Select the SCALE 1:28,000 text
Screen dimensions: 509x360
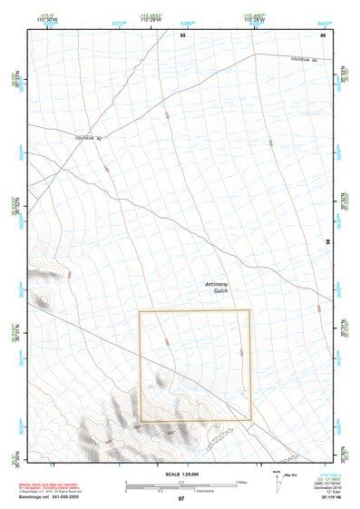point(180,475)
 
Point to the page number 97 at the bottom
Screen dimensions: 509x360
point(181,499)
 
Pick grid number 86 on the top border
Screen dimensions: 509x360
point(322,35)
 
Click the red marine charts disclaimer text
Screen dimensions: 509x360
point(47,488)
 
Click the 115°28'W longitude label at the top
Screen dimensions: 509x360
point(252,20)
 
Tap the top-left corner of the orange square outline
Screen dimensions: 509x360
point(139,311)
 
